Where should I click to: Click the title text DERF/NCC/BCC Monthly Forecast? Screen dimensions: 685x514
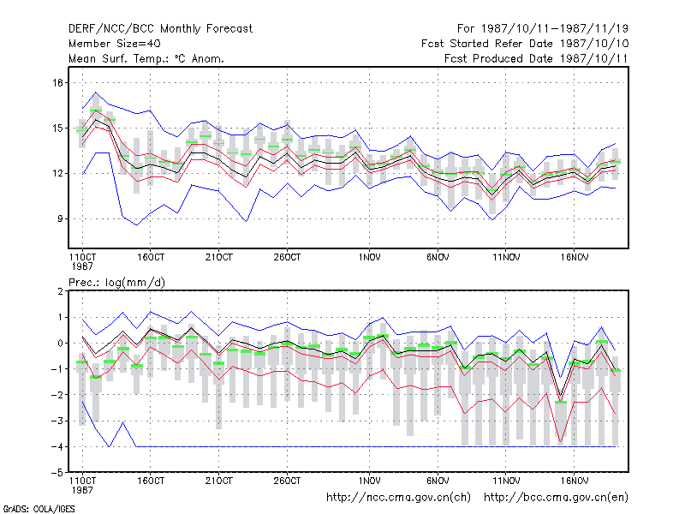point(160,29)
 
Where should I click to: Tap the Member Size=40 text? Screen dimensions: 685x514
point(115,44)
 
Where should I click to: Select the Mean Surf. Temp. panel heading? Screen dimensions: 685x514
point(146,58)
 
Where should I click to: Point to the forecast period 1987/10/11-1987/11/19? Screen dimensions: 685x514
point(543,29)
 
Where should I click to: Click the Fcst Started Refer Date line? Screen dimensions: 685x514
point(525,44)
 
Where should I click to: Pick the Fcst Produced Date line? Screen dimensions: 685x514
point(536,58)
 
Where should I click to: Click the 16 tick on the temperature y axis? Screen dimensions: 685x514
point(58,82)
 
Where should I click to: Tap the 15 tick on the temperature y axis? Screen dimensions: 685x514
point(58,128)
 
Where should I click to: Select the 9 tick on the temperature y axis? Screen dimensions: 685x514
point(60,218)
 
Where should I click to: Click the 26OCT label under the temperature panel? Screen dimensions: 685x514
point(287,258)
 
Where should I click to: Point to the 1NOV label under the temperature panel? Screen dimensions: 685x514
point(370,258)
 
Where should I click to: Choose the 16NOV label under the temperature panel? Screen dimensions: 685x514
point(575,258)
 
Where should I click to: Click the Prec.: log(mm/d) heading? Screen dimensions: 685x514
point(117,283)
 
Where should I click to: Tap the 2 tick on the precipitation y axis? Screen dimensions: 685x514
point(60,291)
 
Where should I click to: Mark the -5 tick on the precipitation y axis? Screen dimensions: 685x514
point(58,473)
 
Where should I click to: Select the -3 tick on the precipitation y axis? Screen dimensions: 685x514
point(58,421)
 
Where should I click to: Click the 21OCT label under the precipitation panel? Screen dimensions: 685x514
point(219,481)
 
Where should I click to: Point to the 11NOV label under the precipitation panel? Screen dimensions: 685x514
point(506,481)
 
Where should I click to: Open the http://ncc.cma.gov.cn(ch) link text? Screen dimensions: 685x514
point(398,498)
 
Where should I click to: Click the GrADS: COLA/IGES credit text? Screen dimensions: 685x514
point(39,509)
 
